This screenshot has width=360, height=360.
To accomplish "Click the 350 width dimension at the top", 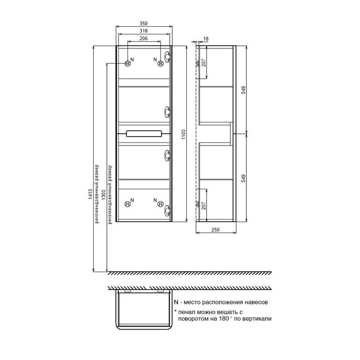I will pyautogui.click(x=144, y=24).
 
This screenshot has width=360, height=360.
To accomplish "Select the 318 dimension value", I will pyautogui.click(x=144, y=31).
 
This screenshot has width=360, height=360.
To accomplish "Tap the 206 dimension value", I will pyautogui.click(x=144, y=39).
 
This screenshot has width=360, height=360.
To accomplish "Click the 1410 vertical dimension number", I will pyautogui.click(x=91, y=194).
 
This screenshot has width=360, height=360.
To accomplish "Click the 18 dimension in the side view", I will pyautogui.click(x=206, y=39).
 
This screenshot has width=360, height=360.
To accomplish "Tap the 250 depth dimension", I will pyautogui.click(x=217, y=230).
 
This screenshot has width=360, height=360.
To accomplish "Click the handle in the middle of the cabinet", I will pyautogui.click(x=144, y=134).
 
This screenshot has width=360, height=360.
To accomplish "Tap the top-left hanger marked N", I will pyautogui.click(x=127, y=62).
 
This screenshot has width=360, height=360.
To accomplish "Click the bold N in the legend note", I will pyautogui.click(x=176, y=304).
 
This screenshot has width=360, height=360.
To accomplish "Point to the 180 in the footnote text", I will pyautogui.click(x=222, y=319).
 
